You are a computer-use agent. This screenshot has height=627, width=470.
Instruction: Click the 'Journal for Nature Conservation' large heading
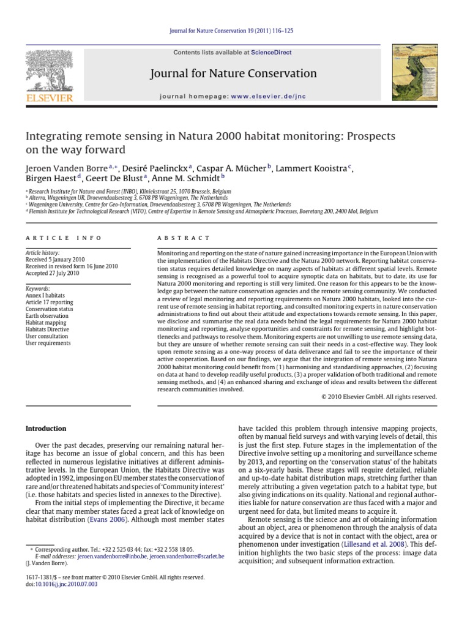point(233,74)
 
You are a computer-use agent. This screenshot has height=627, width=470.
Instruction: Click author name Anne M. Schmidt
point(173,179)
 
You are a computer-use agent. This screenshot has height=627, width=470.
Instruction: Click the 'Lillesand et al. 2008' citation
point(379,543)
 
